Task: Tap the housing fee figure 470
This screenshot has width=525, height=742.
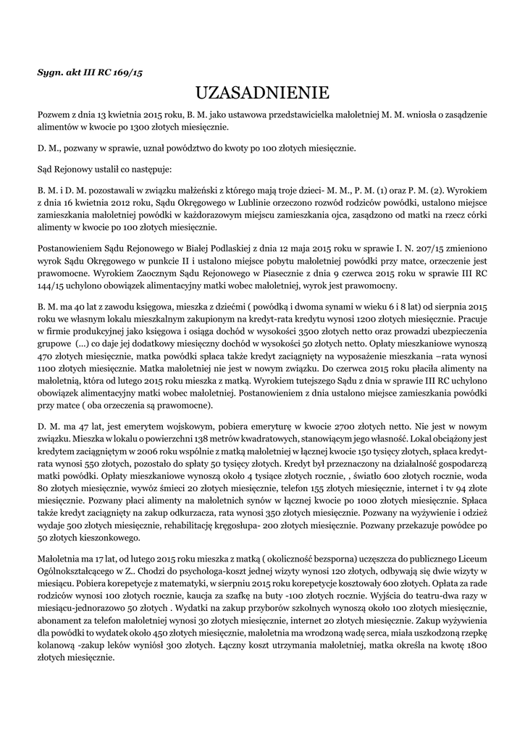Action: tap(46, 375)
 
